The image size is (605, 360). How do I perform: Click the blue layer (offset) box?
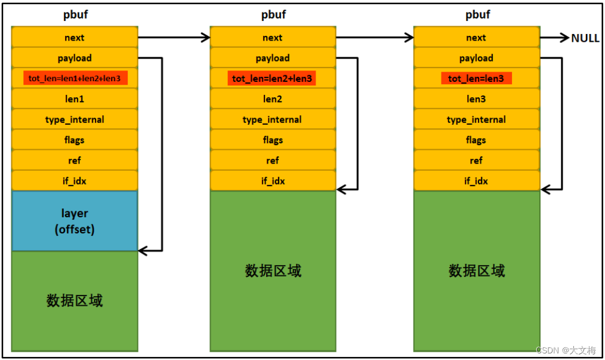(x=75, y=221)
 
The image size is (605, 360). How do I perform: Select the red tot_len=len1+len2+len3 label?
(x=75, y=78)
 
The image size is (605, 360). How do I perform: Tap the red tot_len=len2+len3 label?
(x=272, y=78)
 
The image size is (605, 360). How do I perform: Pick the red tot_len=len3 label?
(x=476, y=78)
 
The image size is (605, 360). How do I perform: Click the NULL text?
(x=585, y=38)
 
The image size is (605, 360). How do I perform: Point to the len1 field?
(x=75, y=99)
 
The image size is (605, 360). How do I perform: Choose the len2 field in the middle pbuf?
(x=273, y=99)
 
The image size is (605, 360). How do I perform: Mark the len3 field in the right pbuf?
(x=476, y=99)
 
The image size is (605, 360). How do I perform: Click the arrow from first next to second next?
(x=174, y=38)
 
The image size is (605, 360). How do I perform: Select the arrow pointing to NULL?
(x=555, y=38)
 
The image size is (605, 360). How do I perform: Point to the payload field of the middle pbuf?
(x=273, y=58)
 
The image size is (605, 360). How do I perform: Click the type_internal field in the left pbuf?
(x=75, y=119)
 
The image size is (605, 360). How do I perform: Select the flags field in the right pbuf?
(x=476, y=140)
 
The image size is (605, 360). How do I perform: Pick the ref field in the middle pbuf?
(x=273, y=161)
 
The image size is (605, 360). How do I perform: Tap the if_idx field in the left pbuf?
(x=75, y=181)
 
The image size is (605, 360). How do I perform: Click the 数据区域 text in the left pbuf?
(x=75, y=300)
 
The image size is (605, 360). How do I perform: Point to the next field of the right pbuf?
(x=476, y=38)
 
